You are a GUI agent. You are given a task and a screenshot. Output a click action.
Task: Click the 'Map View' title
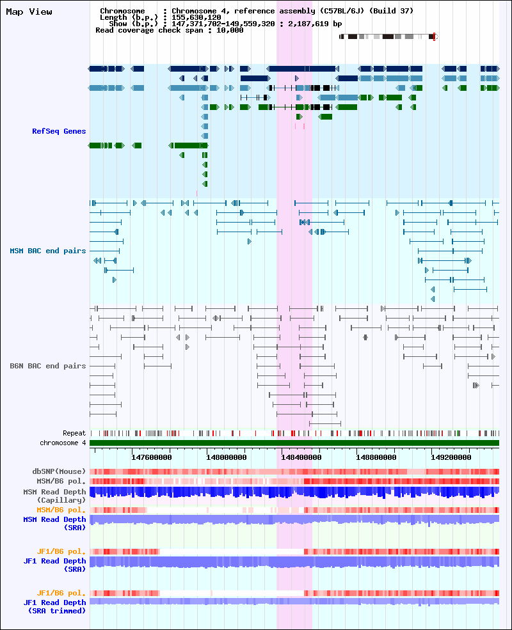point(29,12)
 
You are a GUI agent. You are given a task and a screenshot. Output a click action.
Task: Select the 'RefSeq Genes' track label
point(59,131)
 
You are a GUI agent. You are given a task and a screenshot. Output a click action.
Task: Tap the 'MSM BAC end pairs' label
point(48,251)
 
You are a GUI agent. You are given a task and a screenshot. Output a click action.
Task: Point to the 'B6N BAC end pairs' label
point(48,366)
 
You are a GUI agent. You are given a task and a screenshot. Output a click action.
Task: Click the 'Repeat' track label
point(74,433)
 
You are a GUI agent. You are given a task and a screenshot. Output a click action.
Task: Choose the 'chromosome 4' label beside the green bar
point(63,443)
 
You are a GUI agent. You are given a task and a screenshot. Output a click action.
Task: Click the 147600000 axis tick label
point(152,457)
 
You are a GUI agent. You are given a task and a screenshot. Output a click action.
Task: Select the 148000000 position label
point(227,457)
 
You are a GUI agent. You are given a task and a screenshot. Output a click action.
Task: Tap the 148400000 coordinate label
point(301,457)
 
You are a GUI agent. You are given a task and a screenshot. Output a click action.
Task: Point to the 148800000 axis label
point(376,457)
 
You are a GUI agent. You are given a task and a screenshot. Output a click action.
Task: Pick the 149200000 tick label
point(451,457)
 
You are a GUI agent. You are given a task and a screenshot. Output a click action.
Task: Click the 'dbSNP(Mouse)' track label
point(59,471)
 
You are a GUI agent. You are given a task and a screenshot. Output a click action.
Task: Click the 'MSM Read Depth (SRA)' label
point(54,524)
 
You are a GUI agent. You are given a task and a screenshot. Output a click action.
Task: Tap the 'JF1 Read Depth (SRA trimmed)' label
point(54,607)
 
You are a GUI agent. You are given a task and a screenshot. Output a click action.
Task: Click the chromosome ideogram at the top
point(388,36)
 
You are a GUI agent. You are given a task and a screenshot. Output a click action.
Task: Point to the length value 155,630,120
point(196,17)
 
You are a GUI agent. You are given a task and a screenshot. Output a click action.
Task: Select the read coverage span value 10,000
point(230,30)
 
